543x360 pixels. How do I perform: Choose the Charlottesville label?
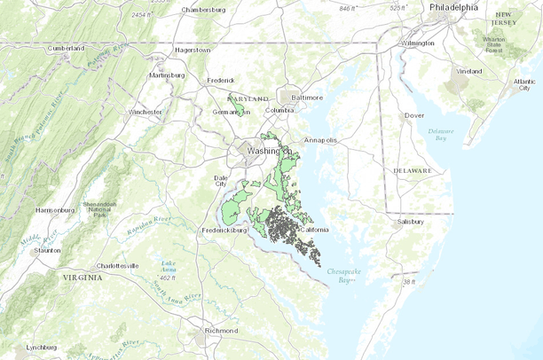click(x=117, y=265)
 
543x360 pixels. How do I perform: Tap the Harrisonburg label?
click(x=55, y=210)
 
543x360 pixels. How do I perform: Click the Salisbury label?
click(x=411, y=221)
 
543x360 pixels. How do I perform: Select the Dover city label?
click(x=414, y=115)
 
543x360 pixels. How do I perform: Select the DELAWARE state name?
click(x=413, y=170)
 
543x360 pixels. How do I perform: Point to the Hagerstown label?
click(x=193, y=51)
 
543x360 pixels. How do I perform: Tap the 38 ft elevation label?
click(x=409, y=282)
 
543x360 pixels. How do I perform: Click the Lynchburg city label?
click(x=41, y=347)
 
